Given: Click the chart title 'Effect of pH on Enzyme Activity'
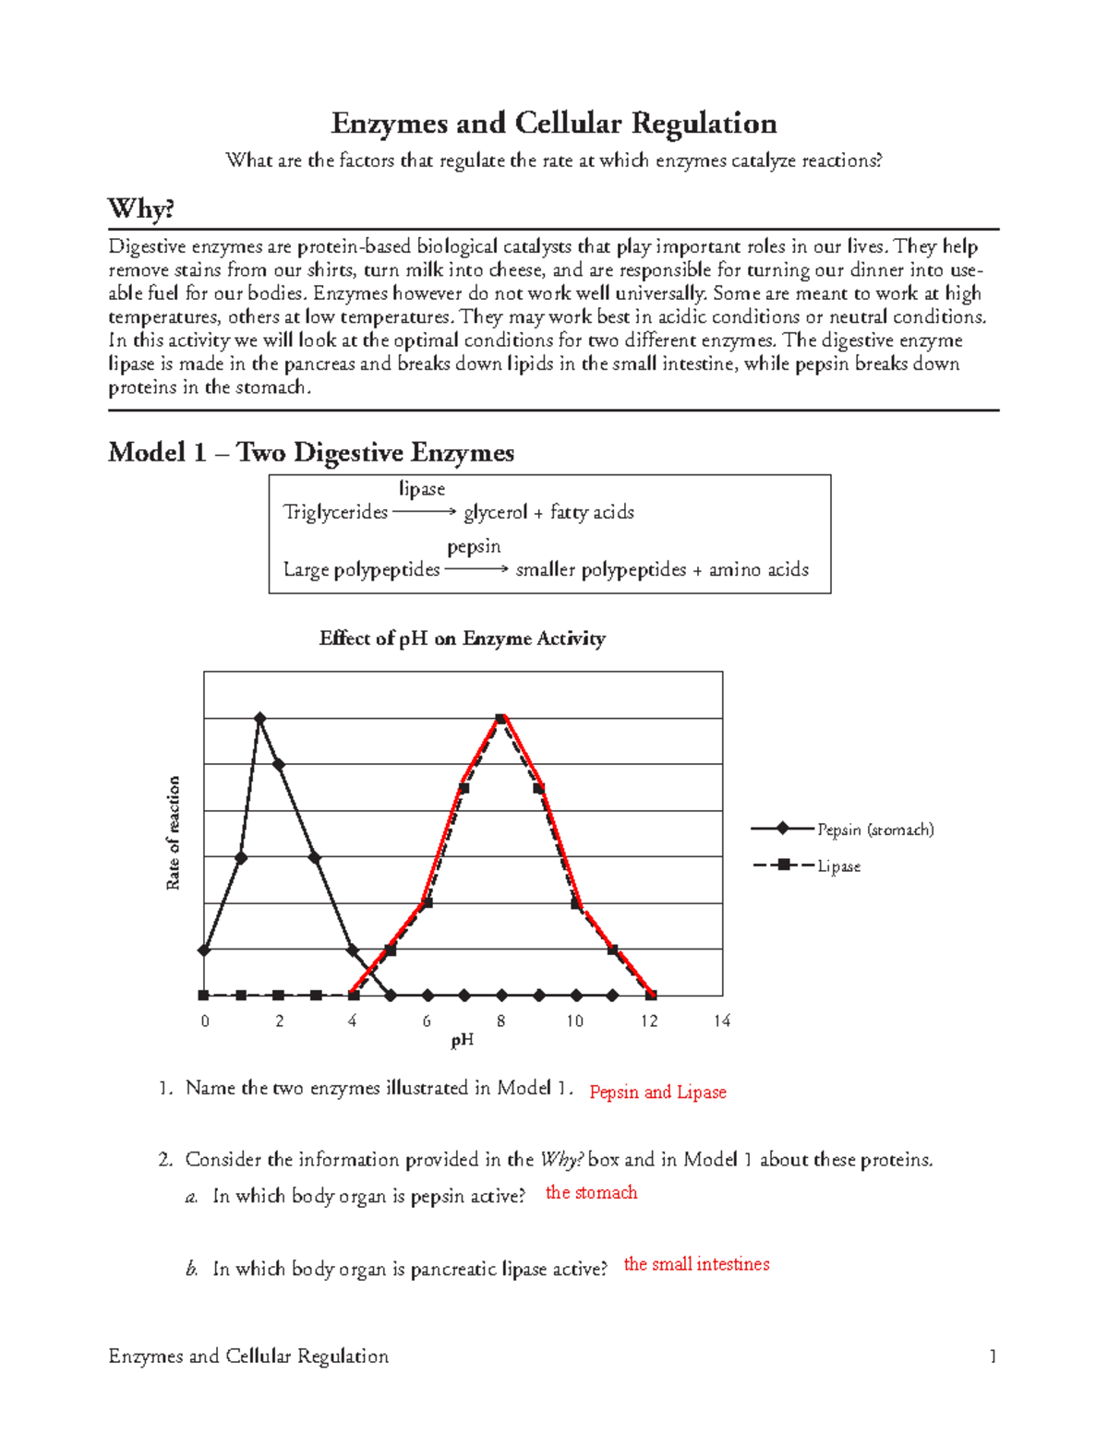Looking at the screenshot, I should coord(462,639).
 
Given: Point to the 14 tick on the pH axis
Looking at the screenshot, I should coord(722,1021).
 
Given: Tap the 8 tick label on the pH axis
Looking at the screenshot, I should coord(500,1021).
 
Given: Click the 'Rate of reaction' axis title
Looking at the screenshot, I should coord(173,833).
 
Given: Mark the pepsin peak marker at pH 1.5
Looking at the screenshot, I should coord(260,718).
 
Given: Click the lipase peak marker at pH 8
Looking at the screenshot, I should coord(500,718).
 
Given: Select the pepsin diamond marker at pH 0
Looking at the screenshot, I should coord(204,949).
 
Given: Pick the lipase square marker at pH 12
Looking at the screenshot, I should coord(651,995).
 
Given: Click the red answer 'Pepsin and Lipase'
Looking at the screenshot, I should coord(657,1093).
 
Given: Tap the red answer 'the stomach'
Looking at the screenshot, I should coord(591,1193).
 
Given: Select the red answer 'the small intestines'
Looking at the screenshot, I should coord(696,1265).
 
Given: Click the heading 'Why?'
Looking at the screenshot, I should coord(140,209).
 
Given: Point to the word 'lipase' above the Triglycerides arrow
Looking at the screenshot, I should coord(422,489).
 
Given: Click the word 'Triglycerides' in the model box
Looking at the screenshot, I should coord(335,512).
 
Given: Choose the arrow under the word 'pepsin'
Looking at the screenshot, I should coord(476,569).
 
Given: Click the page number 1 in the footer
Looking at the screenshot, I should coord(993,1356).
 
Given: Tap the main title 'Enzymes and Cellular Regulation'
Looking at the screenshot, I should coord(554,124).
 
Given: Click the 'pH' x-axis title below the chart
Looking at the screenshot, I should coord(463,1041).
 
